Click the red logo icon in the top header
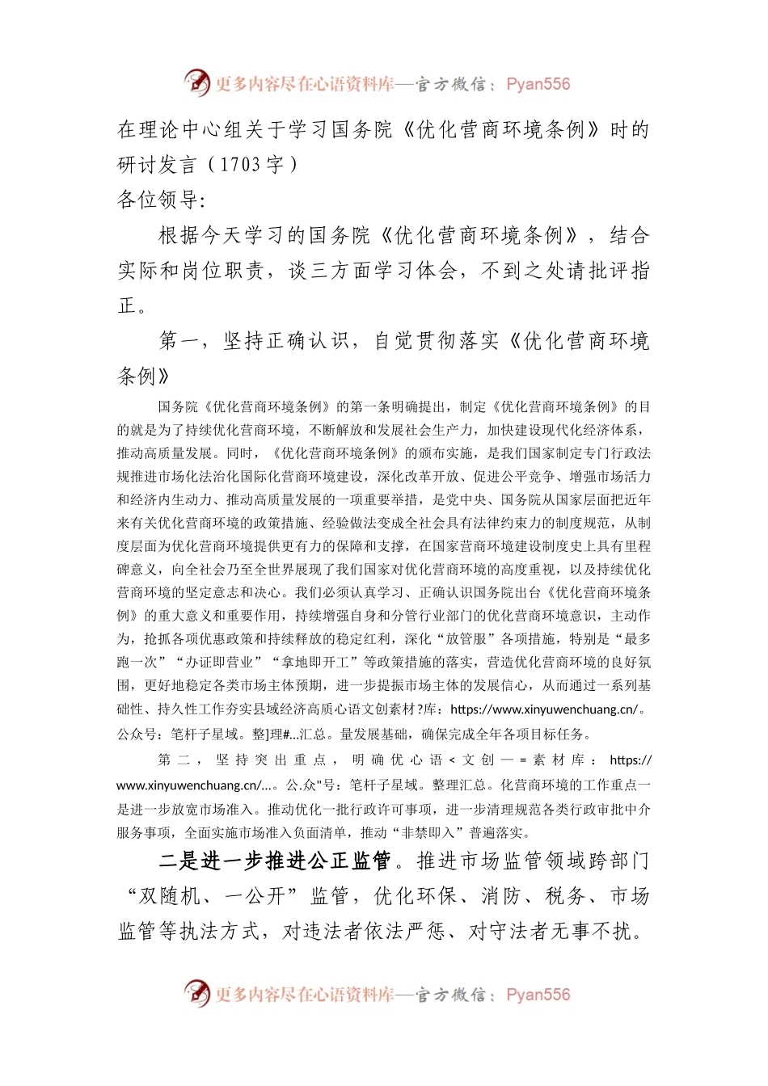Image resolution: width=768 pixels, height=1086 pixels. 196,82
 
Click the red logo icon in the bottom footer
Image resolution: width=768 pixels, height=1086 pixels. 196,993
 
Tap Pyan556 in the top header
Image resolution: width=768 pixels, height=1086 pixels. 538,84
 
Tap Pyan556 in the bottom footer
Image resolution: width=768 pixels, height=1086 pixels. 538,995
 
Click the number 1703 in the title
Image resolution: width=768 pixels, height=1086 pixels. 240,165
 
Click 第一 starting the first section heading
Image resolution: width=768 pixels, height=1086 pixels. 179,341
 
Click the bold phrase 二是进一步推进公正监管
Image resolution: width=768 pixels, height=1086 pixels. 275,861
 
